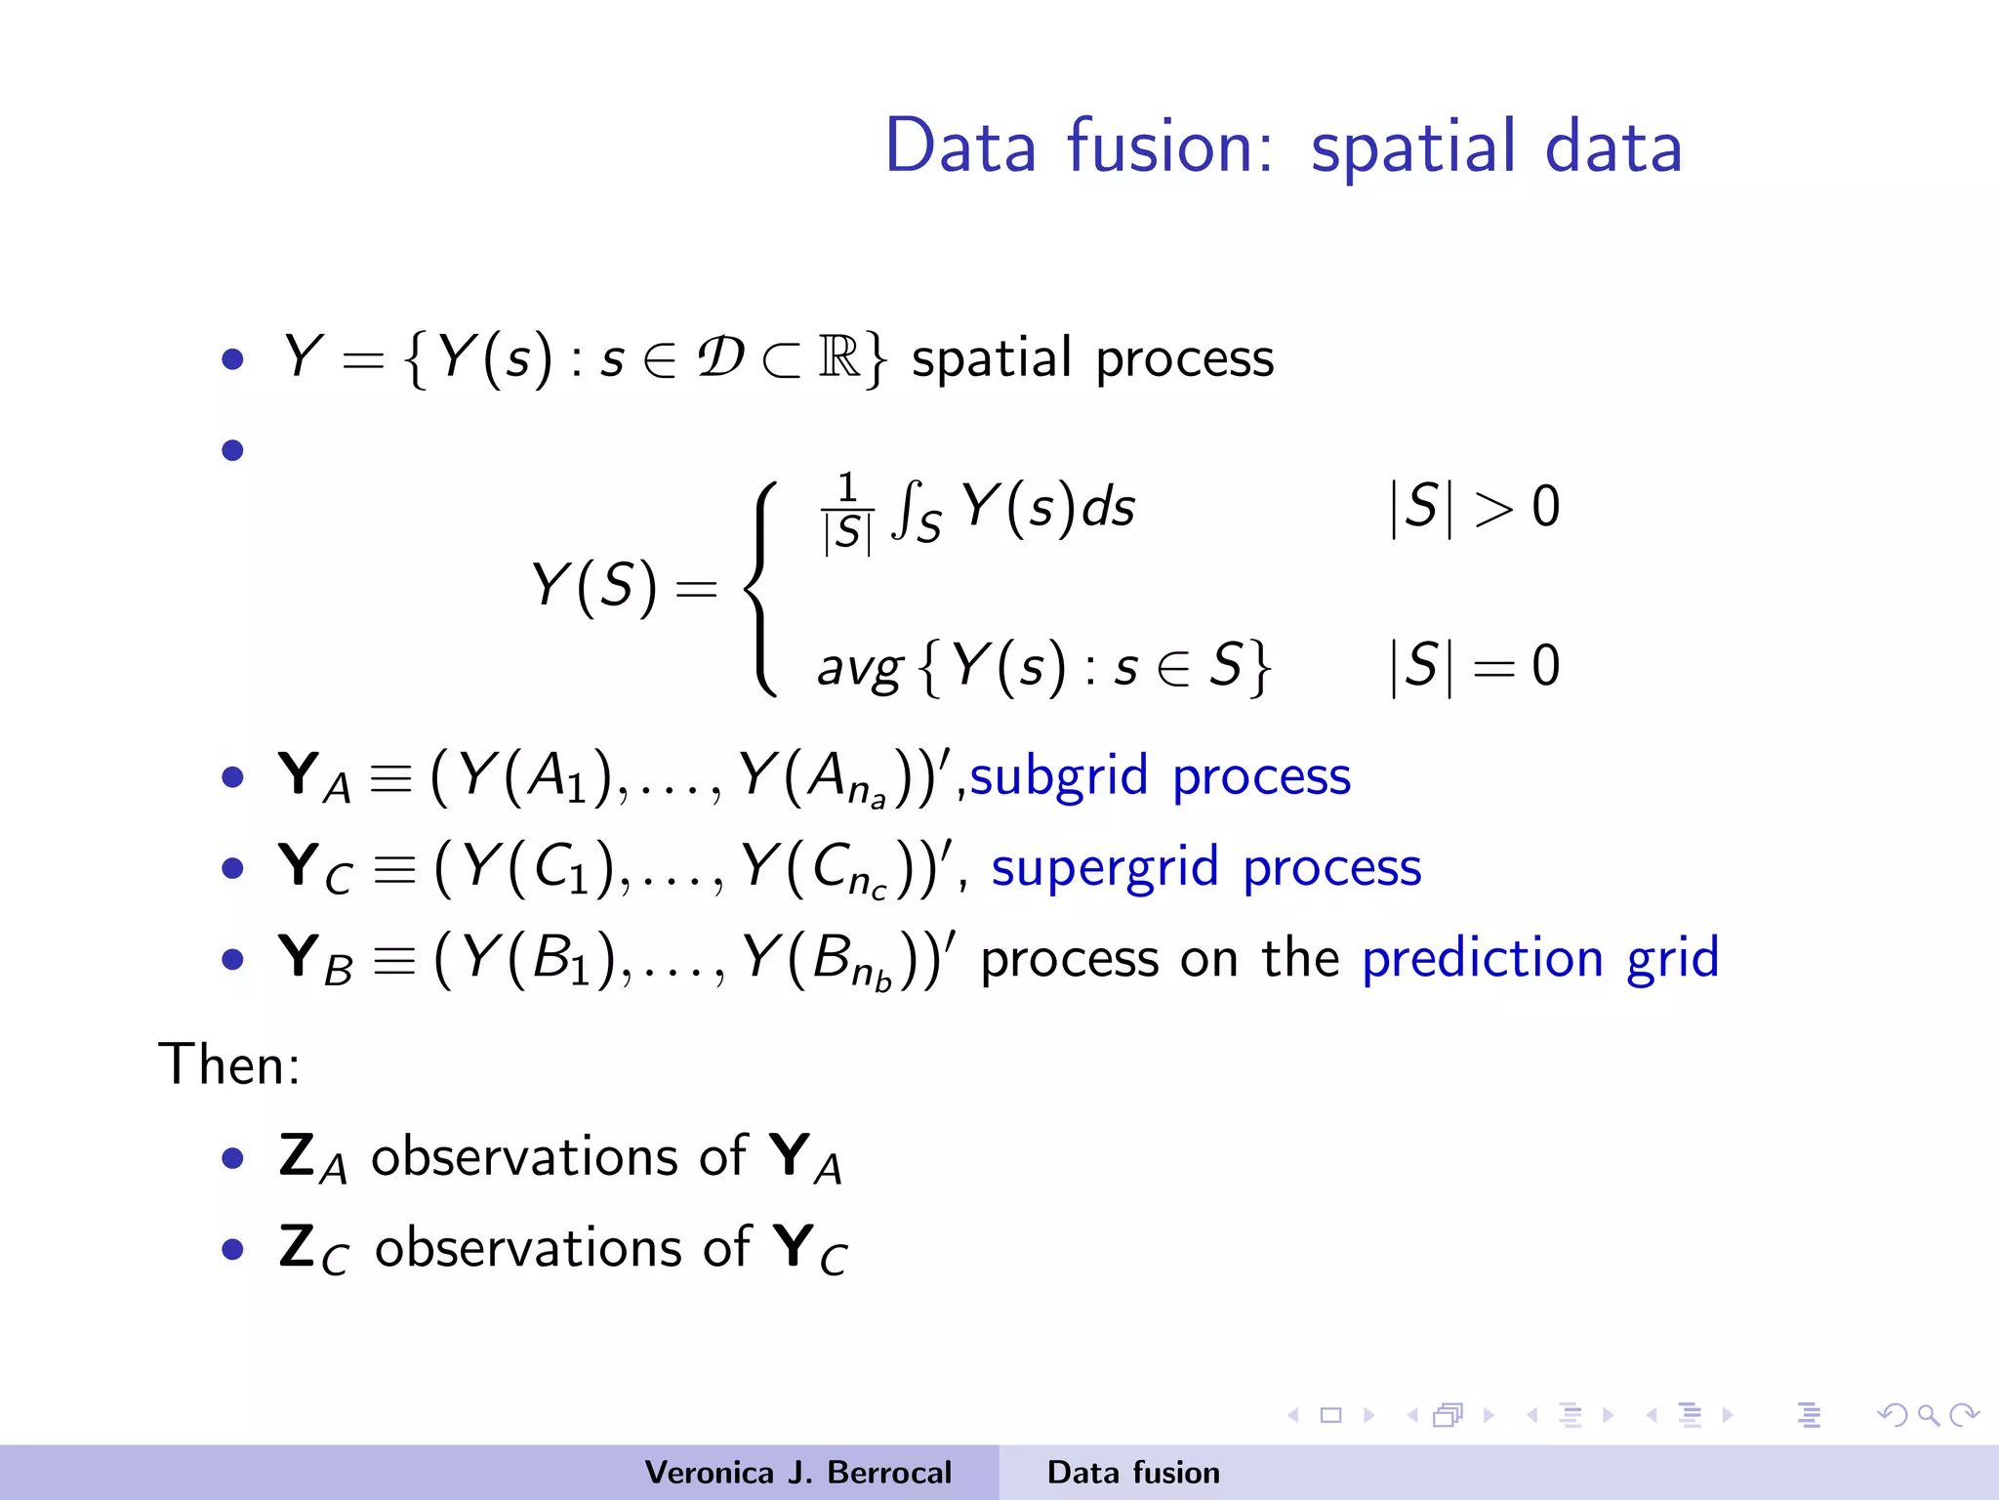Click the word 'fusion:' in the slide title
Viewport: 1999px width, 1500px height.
pyautogui.click(x=1169, y=146)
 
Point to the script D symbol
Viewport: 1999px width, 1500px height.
pyautogui.click(x=720, y=357)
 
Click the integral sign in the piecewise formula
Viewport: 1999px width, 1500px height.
pyautogui.click(x=909, y=510)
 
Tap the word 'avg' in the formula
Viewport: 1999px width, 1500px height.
pyautogui.click(x=859, y=669)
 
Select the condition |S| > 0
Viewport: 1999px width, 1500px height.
pyautogui.click(x=1474, y=508)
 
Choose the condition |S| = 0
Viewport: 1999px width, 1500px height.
pyautogui.click(x=1474, y=667)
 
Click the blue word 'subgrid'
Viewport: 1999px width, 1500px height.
pyautogui.click(x=1058, y=777)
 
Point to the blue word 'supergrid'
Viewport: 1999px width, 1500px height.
pyautogui.click(x=1105, y=868)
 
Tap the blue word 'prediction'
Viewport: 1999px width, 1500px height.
pyautogui.click(x=1482, y=958)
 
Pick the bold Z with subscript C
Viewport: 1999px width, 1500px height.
pyautogui.click(x=312, y=1249)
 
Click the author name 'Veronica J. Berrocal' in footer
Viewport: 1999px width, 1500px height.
pyautogui.click(x=797, y=1473)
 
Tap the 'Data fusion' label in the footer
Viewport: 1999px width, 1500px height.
pyautogui.click(x=1133, y=1473)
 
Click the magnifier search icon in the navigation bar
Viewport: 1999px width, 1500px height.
pyautogui.click(x=1928, y=1415)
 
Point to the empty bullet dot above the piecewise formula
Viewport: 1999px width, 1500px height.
pyautogui.click(x=232, y=450)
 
